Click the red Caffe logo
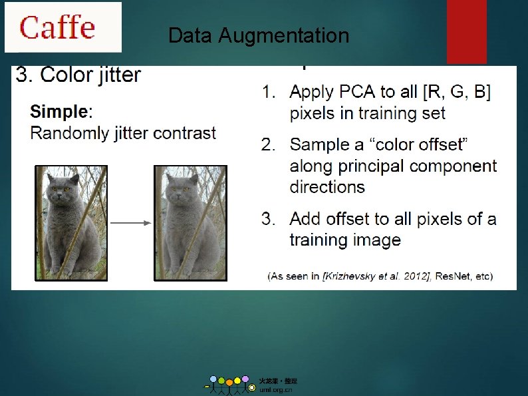(57, 27)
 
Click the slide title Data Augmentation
(259, 35)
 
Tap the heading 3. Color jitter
(78, 75)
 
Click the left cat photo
(71, 223)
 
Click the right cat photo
(190, 223)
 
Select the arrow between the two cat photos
(130, 224)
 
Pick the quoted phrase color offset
(416, 144)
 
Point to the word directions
(327, 186)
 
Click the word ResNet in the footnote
(452, 276)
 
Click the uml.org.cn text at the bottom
(275, 390)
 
